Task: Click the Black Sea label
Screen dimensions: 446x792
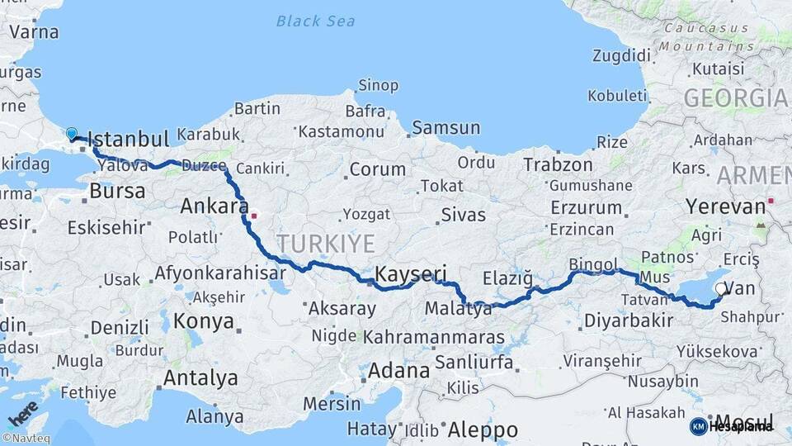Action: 316,21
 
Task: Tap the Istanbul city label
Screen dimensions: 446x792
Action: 127,138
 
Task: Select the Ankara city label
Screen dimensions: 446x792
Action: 214,206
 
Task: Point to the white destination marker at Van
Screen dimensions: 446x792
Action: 722,289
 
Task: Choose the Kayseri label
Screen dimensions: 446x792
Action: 411,273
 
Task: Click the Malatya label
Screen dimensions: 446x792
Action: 458,309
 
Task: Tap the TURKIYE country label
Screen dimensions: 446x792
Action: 325,244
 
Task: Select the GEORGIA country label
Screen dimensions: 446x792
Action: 735,98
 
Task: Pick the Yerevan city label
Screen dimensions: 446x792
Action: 725,206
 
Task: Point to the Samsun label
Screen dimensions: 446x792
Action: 445,128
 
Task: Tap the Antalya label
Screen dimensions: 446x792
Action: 200,378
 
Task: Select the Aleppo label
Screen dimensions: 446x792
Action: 483,430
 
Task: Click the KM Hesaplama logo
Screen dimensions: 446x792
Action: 732,426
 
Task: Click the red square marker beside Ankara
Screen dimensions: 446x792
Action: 254,216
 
